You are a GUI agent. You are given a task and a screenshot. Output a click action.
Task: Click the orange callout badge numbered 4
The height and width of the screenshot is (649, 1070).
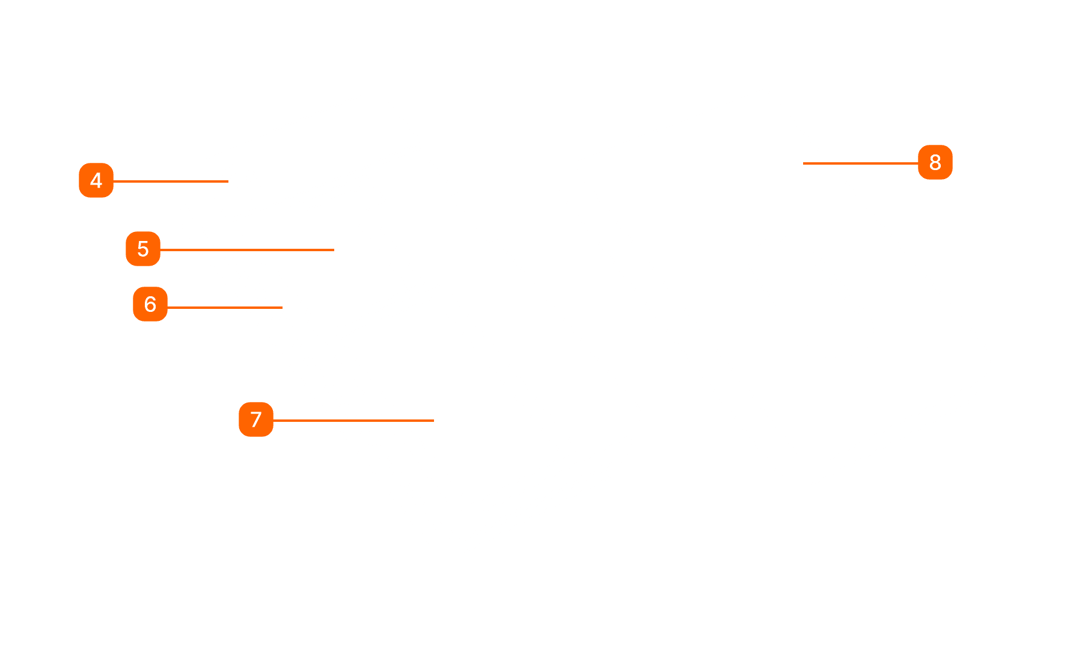[x=96, y=180]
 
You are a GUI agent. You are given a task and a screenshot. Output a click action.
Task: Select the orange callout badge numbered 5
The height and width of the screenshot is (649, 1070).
[x=143, y=249]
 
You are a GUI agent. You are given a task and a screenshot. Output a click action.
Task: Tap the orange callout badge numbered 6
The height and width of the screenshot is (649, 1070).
[x=150, y=304]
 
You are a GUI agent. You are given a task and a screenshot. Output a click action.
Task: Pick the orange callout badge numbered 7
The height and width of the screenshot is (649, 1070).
[x=256, y=419]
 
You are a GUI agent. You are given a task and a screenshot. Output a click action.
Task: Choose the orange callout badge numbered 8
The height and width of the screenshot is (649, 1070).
[x=935, y=162]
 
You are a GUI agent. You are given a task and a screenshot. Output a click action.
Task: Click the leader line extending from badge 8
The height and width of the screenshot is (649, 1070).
[x=860, y=163]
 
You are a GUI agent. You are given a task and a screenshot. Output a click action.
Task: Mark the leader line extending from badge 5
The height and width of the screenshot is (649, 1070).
[x=246, y=249]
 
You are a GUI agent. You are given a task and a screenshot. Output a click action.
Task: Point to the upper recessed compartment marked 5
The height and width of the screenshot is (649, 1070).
[x=337, y=252]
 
